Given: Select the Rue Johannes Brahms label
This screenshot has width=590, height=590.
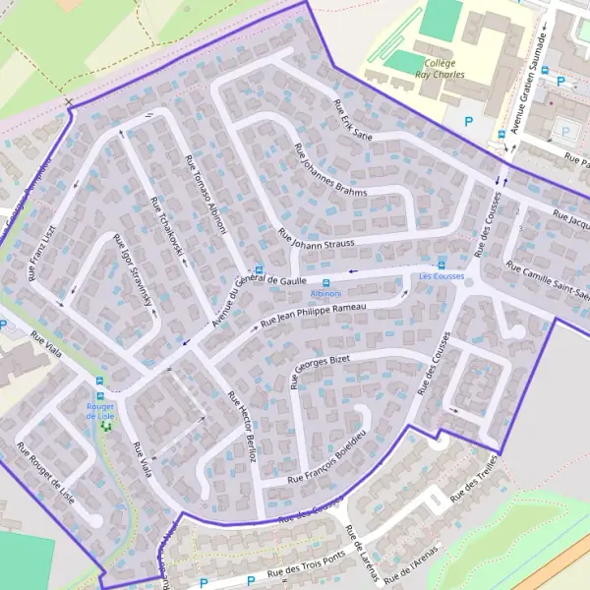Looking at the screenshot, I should [329, 170].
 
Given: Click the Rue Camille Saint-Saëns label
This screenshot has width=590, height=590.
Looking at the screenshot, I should [546, 281].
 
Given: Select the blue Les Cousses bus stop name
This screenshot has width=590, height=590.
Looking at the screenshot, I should [441, 277].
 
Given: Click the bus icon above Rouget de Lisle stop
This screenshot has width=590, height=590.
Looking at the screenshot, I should [99, 383].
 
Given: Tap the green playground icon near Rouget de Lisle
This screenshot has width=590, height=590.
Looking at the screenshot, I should [107, 427].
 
